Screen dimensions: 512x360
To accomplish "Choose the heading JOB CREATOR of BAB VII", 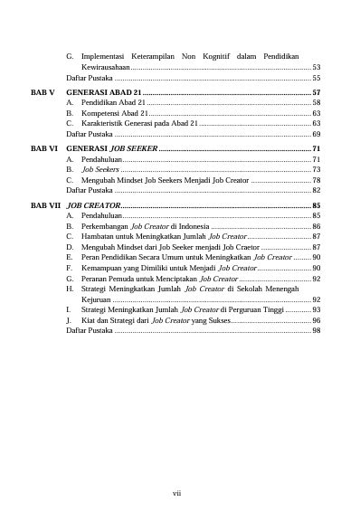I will (x=93, y=206).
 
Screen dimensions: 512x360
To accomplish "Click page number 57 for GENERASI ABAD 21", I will (x=316, y=93).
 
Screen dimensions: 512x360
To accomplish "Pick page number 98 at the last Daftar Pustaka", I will (x=316, y=331).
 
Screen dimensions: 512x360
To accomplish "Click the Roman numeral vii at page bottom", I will (x=178, y=493).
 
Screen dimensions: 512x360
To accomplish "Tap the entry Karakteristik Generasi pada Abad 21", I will (x=138, y=124).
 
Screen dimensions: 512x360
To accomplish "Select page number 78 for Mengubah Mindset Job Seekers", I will (x=316, y=180).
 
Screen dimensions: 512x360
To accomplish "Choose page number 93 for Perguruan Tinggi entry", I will (x=316, y=309).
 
